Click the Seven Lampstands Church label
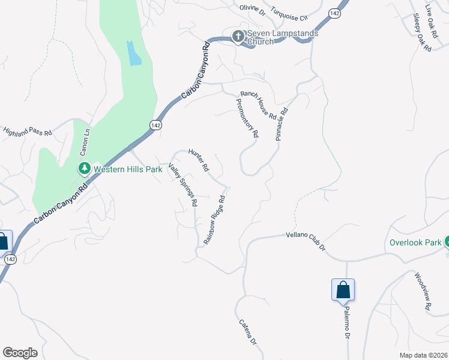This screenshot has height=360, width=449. tap(283, 37)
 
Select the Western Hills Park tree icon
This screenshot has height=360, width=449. tap(85, 169)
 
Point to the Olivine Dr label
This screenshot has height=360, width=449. tap(252, 9)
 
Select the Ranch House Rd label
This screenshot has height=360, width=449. tap(258, 104)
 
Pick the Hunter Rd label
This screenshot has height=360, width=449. tap(198, 159)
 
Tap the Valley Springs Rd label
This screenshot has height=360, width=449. tap(183, 185)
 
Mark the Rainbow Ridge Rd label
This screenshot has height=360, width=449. tap(214, 219)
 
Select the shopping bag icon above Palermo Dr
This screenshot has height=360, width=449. tap(343, 289)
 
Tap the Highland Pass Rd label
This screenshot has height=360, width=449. tap(28, 130)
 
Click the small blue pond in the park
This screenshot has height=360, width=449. tap(134, 53)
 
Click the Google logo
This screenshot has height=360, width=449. tap(20, 353)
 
